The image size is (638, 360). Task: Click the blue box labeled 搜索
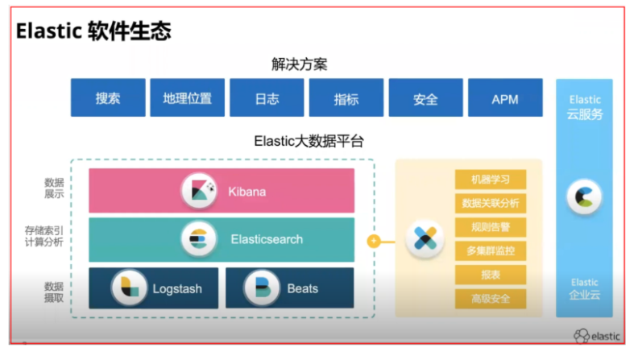coord(108,98)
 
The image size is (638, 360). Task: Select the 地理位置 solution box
coord(187,98)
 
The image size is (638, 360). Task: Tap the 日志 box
coord(267,98)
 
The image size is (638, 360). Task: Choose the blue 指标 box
coord(346,98)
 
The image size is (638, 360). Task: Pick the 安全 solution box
coord(425,98)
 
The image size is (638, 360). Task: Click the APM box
coord(504,98)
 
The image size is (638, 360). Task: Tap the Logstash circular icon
coord(128,288)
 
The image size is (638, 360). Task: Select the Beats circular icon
coord(261,288)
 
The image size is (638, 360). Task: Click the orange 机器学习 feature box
coord(490,180)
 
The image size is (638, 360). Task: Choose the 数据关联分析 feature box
coord(490,203)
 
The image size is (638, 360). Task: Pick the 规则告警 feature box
coord(490,227)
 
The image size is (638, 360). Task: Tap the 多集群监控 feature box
coord(490,250)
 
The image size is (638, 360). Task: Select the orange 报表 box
coord(490,275)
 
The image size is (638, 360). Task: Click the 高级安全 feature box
coord(490,299)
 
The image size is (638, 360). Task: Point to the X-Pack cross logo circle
coord(425,239)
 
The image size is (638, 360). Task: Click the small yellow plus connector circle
coord(373,240)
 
